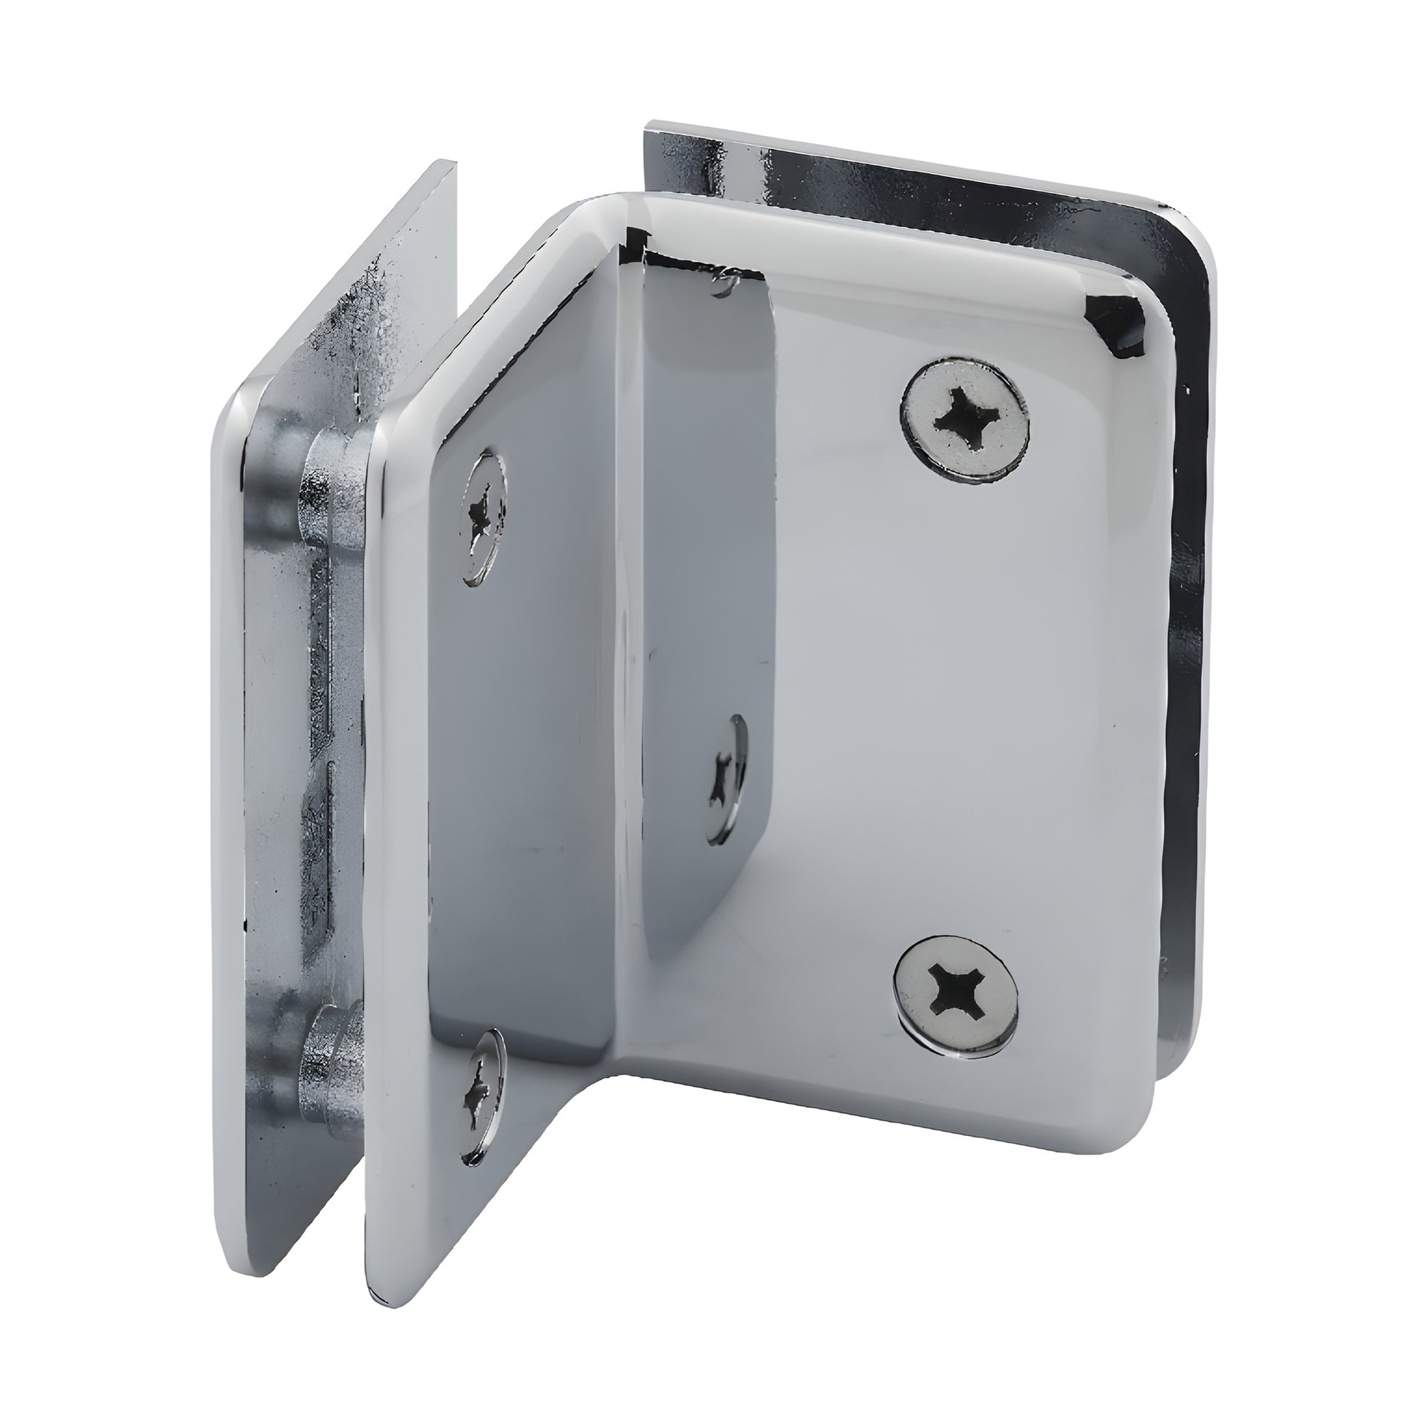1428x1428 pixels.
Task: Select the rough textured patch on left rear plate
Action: [363, 310]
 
